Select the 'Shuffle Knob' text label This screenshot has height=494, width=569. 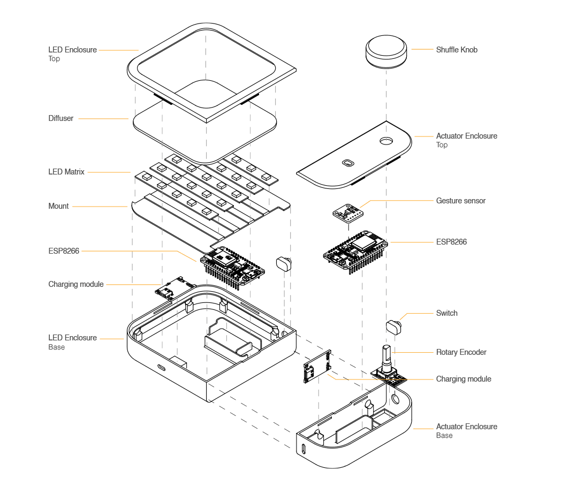coord(456,50)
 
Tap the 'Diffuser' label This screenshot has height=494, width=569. coord(61,118)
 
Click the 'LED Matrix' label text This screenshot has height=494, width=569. coord(66,172)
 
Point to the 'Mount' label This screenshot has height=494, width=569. coord(59,206)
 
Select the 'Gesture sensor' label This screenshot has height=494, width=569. coord(460,201)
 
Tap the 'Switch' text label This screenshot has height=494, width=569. coord(446,313)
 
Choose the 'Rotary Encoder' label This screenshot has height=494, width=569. coord(461,352)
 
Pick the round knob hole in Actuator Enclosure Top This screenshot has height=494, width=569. coord(386,141)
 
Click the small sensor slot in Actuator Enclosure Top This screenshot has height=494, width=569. coord(348,162)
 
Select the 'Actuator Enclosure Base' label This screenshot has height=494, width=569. coord(466,431)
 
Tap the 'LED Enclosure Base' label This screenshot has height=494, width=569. coord(72,342)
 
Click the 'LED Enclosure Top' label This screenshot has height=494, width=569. coord(72,54)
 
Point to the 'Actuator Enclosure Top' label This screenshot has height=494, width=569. coord(466,140)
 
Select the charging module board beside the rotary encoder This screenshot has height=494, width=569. coord(317,367)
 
